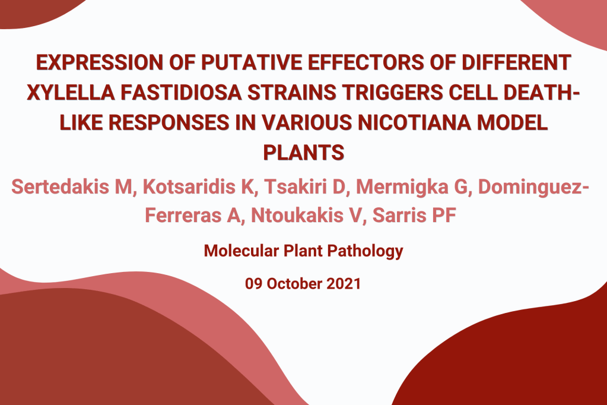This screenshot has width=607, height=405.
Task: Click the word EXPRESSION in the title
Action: coord(100,62)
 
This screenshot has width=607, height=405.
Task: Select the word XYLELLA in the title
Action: coord(71,93)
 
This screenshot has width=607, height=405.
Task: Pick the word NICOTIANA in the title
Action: coord(414,122)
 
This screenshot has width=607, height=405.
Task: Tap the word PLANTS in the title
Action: coord(304,152)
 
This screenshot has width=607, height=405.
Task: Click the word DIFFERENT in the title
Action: coord(516,62)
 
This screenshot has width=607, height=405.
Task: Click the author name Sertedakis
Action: coord(61,187)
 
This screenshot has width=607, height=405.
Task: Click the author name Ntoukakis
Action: coord(297,216)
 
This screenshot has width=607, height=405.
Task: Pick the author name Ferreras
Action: coord(183,216)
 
